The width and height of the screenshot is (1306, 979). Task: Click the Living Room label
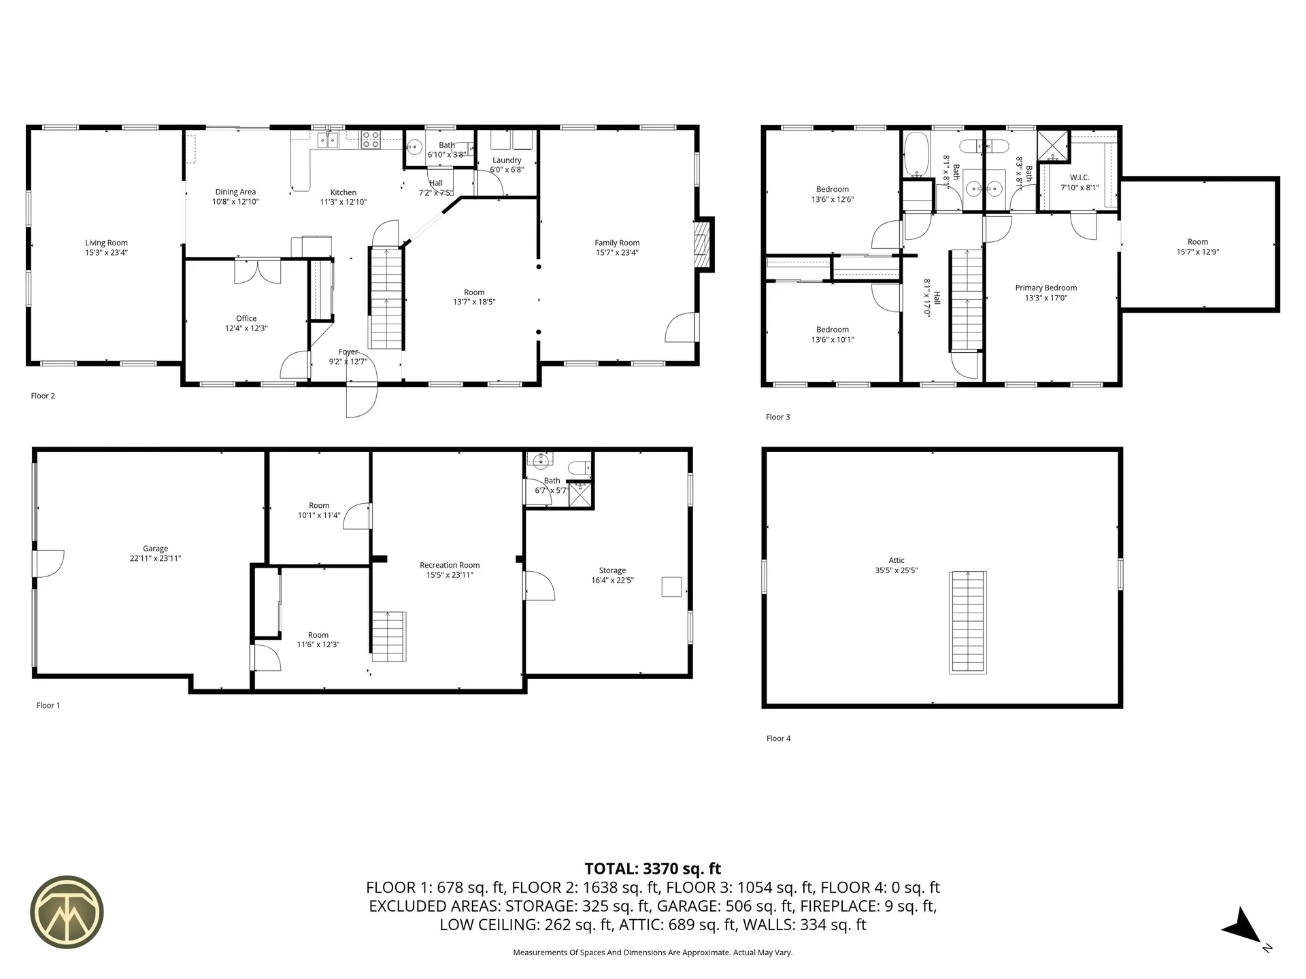pyautogui.click(x=106, y=243)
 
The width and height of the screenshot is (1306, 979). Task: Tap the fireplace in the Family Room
pyautogui.click(x=701, y=245)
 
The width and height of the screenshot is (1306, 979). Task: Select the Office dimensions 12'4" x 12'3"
pyautogui.click(x=246, y=328)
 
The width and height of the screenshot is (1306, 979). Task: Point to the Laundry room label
pyautogui.click(x=507, y=160)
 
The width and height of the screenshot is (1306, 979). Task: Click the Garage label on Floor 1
pyautogui.click(x=155, y=549)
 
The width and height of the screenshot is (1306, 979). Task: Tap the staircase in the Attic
pyautogui.click(x=967, y=622)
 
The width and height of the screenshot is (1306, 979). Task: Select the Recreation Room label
pyautogui.click(x=450, y=565)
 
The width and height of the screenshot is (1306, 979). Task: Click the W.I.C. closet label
pyautogui.click(x=1079, y=177)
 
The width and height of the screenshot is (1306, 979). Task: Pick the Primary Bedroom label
pyautogui.click(x=1045, y=288)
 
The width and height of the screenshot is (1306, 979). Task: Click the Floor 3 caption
pyautogui.click(x=777, y=417)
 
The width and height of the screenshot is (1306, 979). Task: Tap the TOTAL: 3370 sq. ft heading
pyautogui.click(x=652, y=868)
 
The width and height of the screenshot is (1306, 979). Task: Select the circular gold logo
pyautogui.click(x=67, y=911)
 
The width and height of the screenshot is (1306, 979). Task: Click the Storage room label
pyautogui.click(x=612, y=570)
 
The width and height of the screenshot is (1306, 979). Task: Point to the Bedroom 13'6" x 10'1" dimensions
pyautogui.click(x=833, y=340)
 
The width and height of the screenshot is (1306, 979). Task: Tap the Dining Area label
pyautogui.click(x=235, y=192)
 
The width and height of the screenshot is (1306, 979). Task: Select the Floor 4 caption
pyautogui.click(x=778, y=738)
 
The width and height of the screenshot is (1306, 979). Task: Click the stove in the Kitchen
pyautogui.click(x=371, y=139)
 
